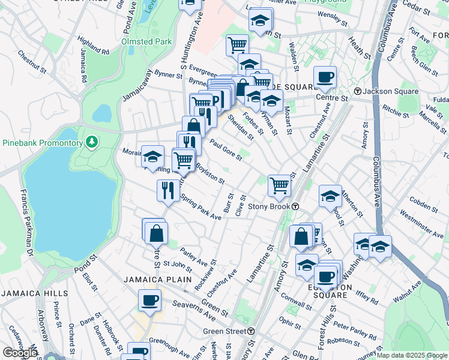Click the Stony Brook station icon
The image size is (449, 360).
tap(296, 206)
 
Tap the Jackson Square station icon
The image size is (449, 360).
tap(358, 91)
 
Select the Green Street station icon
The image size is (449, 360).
tap(251, 331)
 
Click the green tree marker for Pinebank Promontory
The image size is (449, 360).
tap(91, 142)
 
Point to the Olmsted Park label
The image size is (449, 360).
tap(147, 41)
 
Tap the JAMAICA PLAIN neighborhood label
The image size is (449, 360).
tap(157, 280)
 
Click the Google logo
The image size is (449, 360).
tap(20, 353)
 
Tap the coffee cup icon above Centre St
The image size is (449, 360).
tap(325, 77)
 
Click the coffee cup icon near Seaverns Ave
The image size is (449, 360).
tap(149, 300)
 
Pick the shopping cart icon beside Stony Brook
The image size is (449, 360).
tap(279, 185)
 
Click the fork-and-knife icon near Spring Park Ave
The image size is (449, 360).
tap(166, 190)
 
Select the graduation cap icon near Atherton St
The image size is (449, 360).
tap(330, 196)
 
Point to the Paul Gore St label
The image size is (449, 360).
tap(226, 150)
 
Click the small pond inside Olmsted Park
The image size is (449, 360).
tap(103, 112)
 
